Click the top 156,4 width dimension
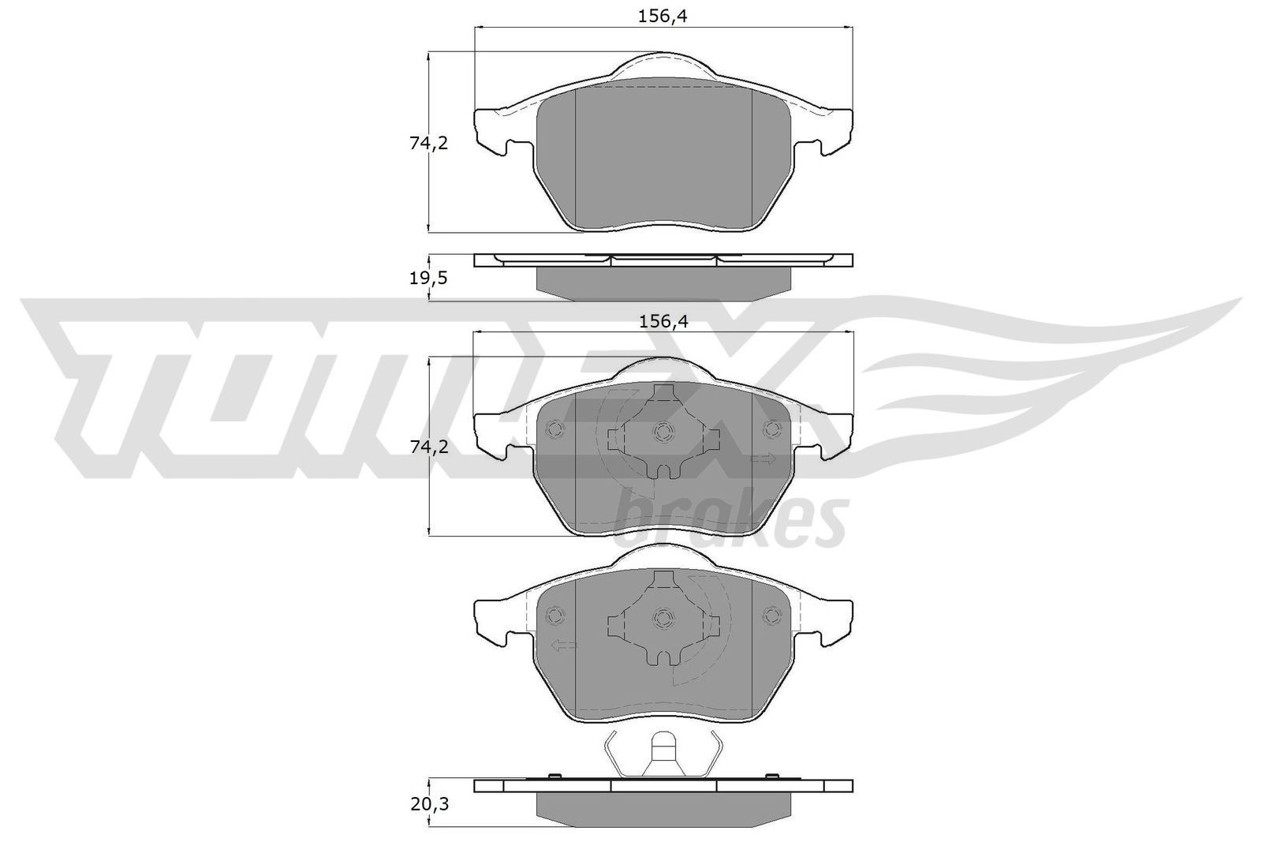coord(661,17)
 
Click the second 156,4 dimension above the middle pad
coord(661,321)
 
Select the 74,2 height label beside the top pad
coord(428,144)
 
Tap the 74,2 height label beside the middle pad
coord(428,447)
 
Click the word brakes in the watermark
coord(730,517)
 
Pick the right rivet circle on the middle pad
coord(771,428)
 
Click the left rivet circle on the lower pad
coord(554,615)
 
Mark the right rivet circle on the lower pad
coord(771,615)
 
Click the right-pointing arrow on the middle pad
coord(764,459)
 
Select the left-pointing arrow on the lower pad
coord(563,646)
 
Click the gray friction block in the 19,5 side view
coord(663,283)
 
